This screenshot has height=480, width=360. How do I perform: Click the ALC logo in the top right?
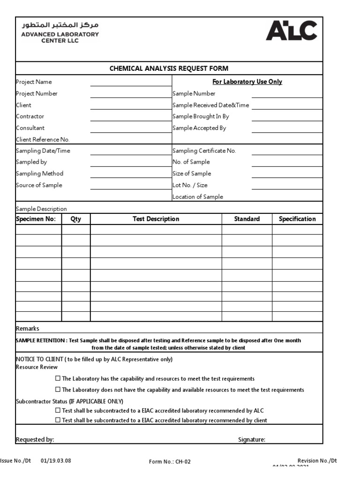click(x=291, y=30)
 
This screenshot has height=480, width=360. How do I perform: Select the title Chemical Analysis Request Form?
click(x=169, y=68)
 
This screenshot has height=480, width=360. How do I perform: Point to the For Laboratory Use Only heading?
click(x=247, y=82)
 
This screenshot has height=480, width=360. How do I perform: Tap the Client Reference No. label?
click(x=43, y=139)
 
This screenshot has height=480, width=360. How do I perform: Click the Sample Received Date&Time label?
click(x=210, y=105)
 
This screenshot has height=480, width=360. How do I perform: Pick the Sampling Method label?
click(x=39, y=173)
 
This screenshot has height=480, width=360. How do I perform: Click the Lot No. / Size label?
click(x=190, y=185)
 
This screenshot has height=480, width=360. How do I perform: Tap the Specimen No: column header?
click(x=36, y=219)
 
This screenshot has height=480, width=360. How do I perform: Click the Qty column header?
click(x=75, y=219)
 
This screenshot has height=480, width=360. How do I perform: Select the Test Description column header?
click(x=156, y=219)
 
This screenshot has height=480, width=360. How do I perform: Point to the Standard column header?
click(x=247, y=219)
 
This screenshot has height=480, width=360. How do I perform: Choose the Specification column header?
click(x=297, y=219)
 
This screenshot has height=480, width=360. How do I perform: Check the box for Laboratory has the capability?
click(x=58, y=378)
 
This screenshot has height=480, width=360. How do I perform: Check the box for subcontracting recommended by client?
click(x=58, y=420)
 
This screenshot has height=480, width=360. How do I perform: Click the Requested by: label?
click(x=35, y=440)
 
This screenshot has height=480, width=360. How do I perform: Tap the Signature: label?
click(x=251, y=440)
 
